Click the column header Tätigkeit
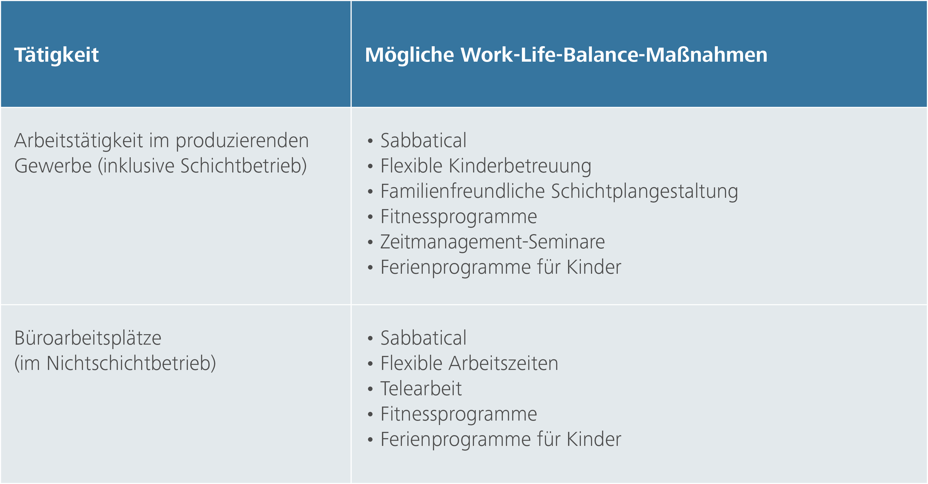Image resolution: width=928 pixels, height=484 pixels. pyautogui.click(x=57, y=55)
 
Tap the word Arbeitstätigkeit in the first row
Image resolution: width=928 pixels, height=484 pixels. pyautogui.click(x=79, y=141)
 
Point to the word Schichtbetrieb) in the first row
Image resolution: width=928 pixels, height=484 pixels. pyautogui.click(x=244, y=166)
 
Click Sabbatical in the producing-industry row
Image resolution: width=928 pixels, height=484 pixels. pyautogui.click(x=423, y=141)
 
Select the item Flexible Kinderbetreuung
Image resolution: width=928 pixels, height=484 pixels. pyautogui.click(x=486, y=166)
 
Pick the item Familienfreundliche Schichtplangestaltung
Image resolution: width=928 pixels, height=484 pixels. pyautogui.click(x=559, y=191)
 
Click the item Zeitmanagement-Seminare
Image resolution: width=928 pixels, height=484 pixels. pyautogui.click(x=492, y=242)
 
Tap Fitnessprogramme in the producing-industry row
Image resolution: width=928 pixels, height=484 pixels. pyautogui.click(x=458, y=217)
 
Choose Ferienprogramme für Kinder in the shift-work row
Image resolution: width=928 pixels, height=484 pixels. pyautogui.click(x=501, y=267)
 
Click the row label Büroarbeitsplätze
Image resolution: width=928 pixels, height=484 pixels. pyautogui.click(x=88, y=338)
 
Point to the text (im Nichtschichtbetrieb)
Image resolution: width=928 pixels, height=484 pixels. pyautogui.click(x=115, y=363)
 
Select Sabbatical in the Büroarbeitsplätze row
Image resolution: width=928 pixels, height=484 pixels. pyautogui.click(x=423, y=338)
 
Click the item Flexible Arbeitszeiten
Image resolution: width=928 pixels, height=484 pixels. pyautogui.click(x=469, y=363)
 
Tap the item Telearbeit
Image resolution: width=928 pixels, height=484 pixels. pyautogui.click(x=421, y=388)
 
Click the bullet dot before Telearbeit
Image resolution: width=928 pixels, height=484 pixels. pyautogui.click(x=370, y=389)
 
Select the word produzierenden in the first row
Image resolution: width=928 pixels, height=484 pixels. pyautogui.click(x=242, y=141)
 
